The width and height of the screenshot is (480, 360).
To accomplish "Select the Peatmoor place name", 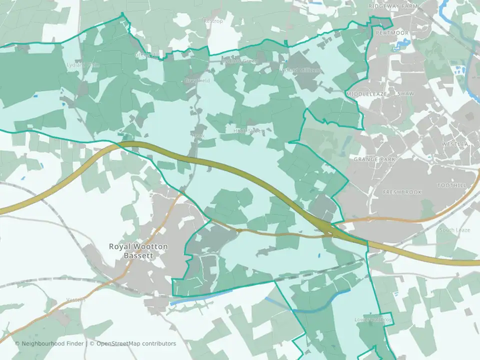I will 392,33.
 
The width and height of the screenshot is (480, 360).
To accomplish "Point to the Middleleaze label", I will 367,94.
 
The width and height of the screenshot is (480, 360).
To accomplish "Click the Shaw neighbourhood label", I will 405,94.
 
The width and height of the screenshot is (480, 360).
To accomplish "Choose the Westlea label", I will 454,144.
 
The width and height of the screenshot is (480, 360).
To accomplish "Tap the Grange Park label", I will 374,159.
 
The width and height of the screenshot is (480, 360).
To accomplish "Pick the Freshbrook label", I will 402,192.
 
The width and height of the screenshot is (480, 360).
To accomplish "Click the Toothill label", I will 451,185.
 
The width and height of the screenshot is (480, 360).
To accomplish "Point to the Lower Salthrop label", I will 373,320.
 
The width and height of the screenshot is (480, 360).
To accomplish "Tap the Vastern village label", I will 76,299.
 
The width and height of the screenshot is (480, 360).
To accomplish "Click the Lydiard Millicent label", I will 302,70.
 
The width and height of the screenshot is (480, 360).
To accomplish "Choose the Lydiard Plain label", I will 83,65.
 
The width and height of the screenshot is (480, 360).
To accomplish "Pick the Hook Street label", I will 248,131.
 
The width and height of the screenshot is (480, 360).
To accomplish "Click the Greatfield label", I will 197,80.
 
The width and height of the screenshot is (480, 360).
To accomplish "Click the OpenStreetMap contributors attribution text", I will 136,343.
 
